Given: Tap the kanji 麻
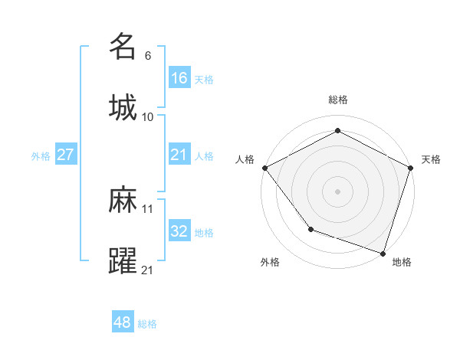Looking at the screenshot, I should [123, 200].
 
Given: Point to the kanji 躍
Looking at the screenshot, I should [123, 261].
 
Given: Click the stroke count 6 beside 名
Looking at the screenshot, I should [148, 55].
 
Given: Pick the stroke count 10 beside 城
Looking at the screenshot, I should [148, 116].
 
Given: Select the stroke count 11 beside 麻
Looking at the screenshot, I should [148, 208].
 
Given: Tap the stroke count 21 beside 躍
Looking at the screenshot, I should [148, 270].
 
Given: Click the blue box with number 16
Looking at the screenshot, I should [179, 77].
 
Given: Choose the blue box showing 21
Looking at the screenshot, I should [179, 155].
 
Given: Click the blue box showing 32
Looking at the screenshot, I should [179, 231].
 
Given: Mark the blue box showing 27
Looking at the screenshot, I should [66, 155].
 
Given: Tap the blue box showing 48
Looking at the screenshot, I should [123, 322].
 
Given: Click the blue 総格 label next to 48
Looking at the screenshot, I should [147, 324].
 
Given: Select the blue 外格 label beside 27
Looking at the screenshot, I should [41, 156].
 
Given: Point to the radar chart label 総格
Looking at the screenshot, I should [337, 100].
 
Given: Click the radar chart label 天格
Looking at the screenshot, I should [431, 159].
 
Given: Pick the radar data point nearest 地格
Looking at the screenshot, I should [383, 253].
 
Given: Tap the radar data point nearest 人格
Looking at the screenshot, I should [264, 167].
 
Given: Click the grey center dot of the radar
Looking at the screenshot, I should [337, 191].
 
